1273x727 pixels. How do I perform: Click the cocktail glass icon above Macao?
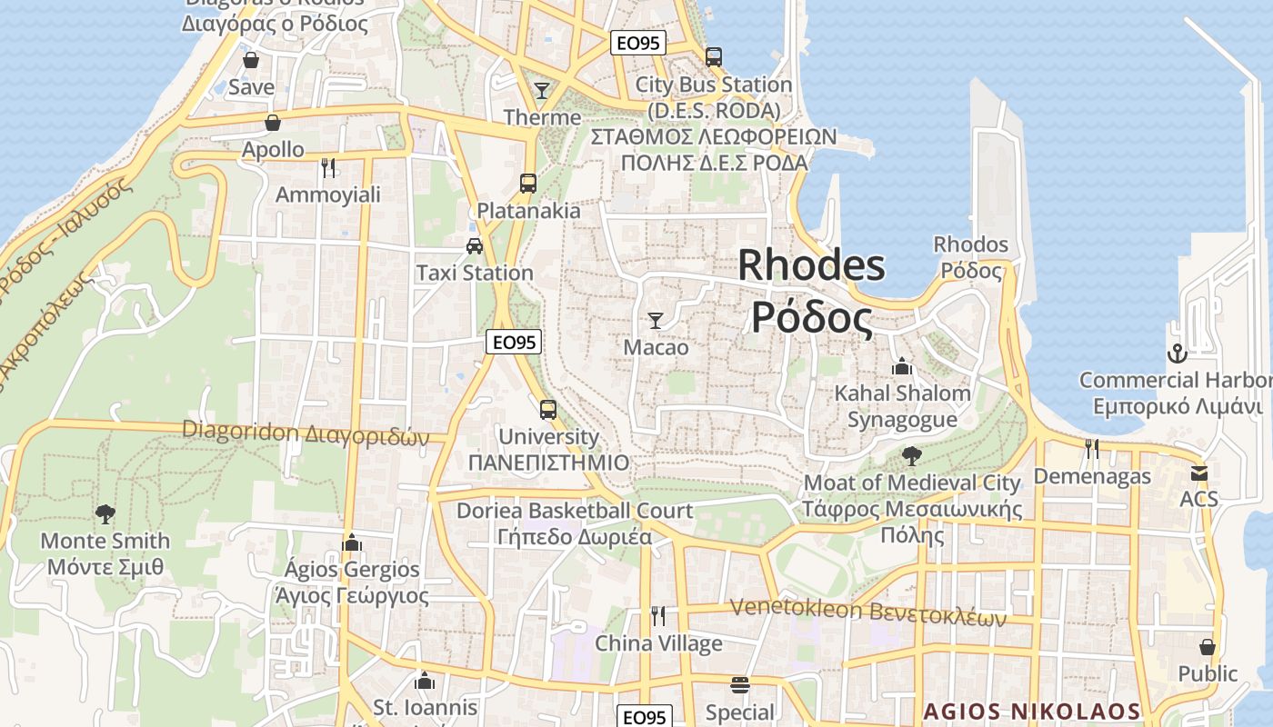coord(655,320)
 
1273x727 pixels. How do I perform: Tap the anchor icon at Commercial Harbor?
coord(1178,353)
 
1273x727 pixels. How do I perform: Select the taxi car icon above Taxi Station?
coord(474,245)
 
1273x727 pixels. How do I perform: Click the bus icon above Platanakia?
coord(528,183)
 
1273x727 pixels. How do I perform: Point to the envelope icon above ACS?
coord(1198,473)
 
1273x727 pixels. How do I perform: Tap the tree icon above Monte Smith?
coord(105,514)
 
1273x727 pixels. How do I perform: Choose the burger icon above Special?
coord(740,684)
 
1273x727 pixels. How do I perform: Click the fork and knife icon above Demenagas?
coord(1091,448)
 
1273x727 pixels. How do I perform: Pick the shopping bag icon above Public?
coord(1208,646)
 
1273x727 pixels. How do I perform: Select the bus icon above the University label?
coord(547,409)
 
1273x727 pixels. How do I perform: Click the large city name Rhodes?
coord(811,265)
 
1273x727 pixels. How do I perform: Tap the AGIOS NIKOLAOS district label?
coord(1032,711)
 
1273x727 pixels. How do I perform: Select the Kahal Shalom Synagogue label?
coord(902,406)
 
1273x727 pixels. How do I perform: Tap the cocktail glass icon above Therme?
coord(542,90)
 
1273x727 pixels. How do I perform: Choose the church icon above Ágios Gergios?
coord(352,543)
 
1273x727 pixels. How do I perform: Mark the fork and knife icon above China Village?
coord(658,616)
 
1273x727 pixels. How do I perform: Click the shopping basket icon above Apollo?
coord(273,122)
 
